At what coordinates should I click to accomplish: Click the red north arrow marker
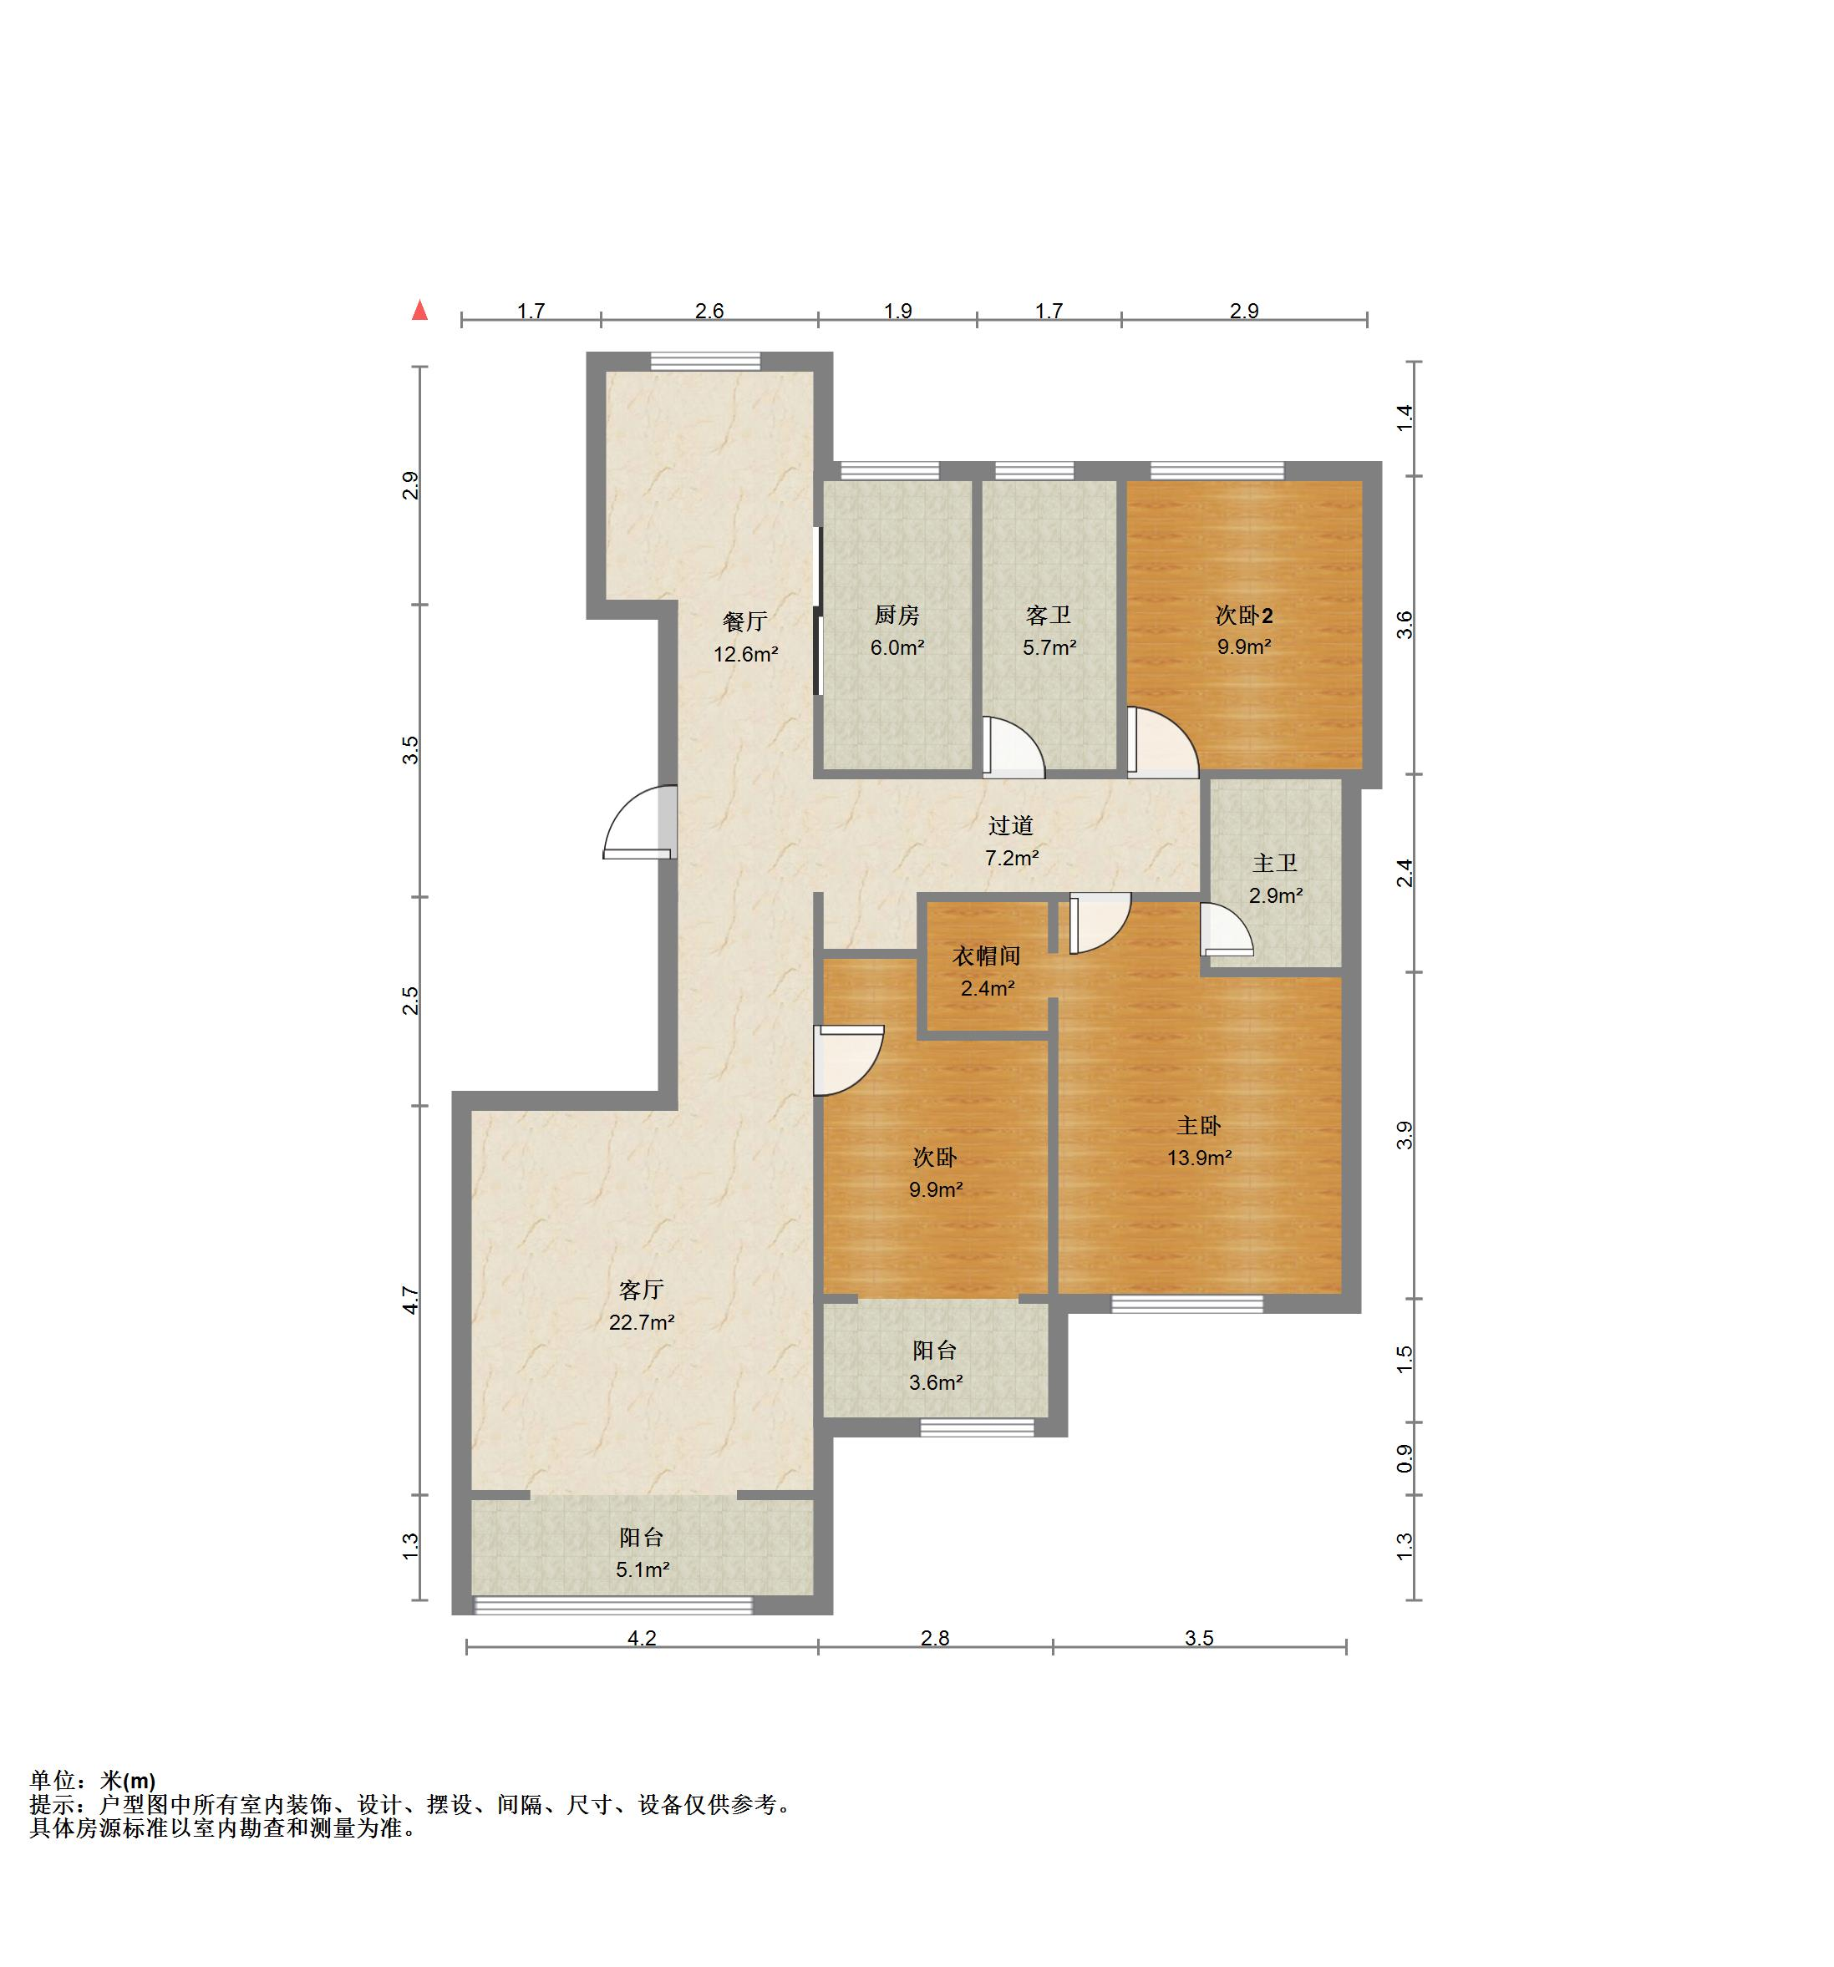(419, 310)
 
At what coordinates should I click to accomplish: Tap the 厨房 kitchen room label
(897, 616)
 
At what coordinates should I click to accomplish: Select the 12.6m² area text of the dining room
(745, 654)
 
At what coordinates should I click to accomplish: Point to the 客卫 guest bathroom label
(1048, 616)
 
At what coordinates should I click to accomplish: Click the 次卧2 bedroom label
(1243, 616)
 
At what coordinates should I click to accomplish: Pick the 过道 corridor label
(1010, 825)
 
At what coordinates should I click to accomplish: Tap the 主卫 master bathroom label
(1274, 863)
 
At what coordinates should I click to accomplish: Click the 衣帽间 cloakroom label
(986, 956)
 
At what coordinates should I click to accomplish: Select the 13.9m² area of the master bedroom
(1199, 1158)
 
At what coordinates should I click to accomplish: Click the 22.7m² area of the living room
(642, 1322)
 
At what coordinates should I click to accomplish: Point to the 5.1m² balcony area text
(643, 1569)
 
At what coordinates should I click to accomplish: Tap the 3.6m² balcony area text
(935, 1382)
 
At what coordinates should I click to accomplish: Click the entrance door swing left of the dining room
(639, 822)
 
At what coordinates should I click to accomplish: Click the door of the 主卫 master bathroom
(1225, 929)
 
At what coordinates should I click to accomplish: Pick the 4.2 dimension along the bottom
(642, 1638)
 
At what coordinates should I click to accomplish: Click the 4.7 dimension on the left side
(409, 1299)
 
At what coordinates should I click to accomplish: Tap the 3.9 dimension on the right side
(1404, 1135)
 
